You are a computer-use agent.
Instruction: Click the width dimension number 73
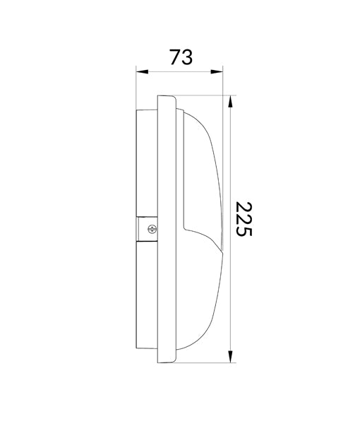[x=181, y=57]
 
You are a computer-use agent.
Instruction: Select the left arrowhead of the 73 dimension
[x=140, y=72]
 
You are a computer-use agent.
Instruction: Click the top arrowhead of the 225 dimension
[x=231, y=100]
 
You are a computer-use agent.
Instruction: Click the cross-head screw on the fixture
[x=150, y=228]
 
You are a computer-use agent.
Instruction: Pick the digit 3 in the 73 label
[x=187, y=57]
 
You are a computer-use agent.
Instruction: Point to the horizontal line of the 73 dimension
[x=179, y=72]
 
